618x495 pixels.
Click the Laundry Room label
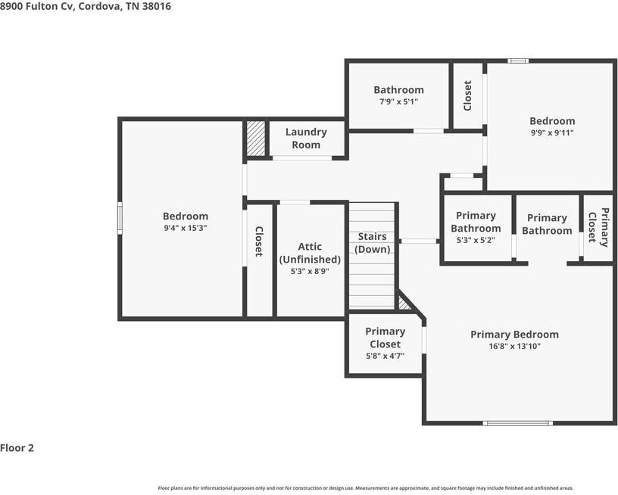[x=306, y=139]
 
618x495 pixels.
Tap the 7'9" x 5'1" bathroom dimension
[x=398, y=101]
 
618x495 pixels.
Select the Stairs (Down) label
[x=372, y=242]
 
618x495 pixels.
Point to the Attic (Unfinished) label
[x=310, y=253]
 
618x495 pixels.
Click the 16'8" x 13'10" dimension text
[x=514, y=347]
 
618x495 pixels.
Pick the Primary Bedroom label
[x=514, y=335]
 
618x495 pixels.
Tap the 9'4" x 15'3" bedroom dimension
[x=186, y=228]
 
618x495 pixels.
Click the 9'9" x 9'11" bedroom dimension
[x=552, y=132]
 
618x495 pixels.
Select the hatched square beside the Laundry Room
[x=256, y=138]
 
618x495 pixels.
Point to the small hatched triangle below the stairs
[x=403, y=304]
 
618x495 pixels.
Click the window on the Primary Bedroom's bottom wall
[x=517, y=423]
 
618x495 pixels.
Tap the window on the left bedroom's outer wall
[x=120, y=218]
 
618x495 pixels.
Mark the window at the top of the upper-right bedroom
[x=518, y=61]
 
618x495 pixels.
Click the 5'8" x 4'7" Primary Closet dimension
[x=385, y=356]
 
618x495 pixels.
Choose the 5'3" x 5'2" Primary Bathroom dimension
[x=476, y=240]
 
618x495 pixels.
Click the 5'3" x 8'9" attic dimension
[x=310, y=271]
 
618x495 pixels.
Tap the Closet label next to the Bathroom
[x=467, y=95]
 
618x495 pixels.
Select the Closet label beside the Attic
[x=258, y=241]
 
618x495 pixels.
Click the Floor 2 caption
[x=17, y=448]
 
